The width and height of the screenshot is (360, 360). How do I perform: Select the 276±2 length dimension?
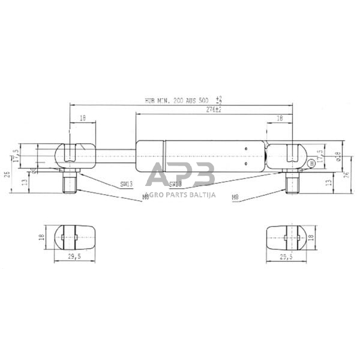(x=214, y=110)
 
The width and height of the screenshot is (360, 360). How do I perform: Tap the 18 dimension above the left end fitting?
(x=82, y=119)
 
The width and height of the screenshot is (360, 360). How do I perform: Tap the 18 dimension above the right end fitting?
(x=280, y=119)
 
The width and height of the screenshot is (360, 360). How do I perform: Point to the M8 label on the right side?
(x=235, y=197)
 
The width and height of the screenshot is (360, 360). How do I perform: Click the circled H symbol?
(x=311, y=163)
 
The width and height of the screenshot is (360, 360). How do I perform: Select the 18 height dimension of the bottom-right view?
(x=311, y=237)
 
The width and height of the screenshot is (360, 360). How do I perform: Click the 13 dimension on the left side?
(x=24, y=181)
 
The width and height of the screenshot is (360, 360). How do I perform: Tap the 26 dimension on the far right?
(x=346, y=175)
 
